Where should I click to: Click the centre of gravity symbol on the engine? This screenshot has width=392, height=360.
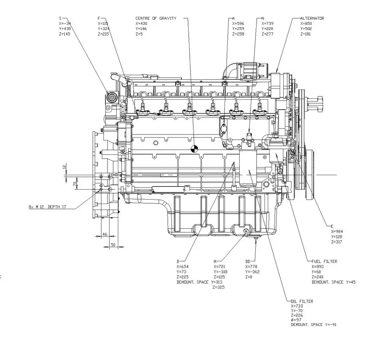(x=194, y=148)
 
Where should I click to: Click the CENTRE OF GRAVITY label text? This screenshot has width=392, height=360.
(x=155, y=18)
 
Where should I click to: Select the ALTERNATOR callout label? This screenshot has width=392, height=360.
(x=312, y=18)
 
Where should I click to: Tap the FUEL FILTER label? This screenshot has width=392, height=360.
(x=324, y=261)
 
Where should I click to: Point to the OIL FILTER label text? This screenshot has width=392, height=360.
(x=302, y=301)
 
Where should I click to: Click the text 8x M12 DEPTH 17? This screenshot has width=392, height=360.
(x=47, y=207)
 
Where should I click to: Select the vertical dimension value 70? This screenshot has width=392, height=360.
(x=74, y=184)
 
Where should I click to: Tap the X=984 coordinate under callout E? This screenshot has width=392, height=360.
(x=336, y=232)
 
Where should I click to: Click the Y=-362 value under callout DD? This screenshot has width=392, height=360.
(x=253, y=272)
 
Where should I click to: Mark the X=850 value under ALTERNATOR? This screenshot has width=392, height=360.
(x=306, y=24)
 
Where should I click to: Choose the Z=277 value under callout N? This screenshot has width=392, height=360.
(x=267, y=34)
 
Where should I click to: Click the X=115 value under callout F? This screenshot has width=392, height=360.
(x=103, y=24)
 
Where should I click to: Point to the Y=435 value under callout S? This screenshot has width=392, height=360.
(x=64, y=29)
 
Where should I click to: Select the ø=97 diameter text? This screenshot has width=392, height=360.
(x=296, y=320)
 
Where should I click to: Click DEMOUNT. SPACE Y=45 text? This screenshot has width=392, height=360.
(x=334, y=282)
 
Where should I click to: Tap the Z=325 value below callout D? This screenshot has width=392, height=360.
(x=218, y=287)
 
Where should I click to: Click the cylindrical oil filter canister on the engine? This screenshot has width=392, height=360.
(x=248, y=168)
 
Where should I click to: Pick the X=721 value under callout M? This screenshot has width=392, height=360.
(x=219, y=266)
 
